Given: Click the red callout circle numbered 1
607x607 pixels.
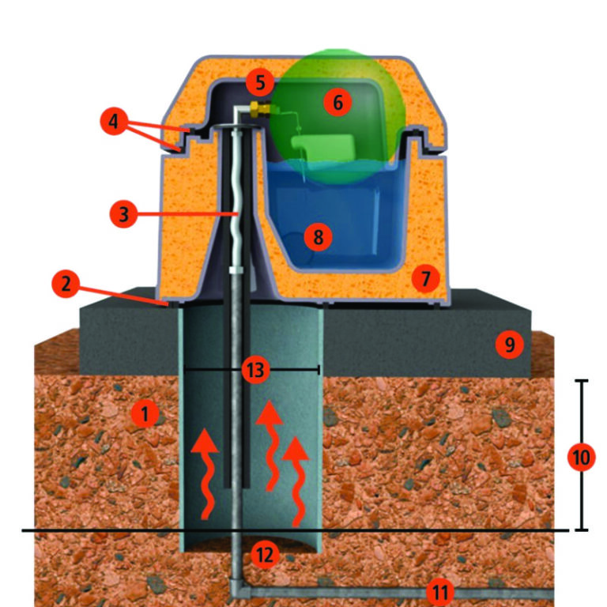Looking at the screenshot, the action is coord(145,414).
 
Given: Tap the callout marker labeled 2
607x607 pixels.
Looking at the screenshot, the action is coord(66,284).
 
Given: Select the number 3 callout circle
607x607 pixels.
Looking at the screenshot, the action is coord(123,213).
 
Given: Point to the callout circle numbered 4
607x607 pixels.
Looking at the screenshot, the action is coord(114,121).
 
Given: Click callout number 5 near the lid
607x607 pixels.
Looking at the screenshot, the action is coord(260,82).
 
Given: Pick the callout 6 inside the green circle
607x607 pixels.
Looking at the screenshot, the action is coord(337,103).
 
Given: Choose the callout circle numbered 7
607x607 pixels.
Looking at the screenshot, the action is coord(425,278).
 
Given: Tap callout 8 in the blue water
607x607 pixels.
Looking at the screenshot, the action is coord(318,236).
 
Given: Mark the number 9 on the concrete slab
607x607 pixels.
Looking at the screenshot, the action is coord(510,344).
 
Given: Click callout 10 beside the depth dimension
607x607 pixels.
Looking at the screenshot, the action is coord(581,457).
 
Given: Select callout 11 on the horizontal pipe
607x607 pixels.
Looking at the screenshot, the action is coord(439,592).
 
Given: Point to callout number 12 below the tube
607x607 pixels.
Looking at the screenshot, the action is coord(266,555).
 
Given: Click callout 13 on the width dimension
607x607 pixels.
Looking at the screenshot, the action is coord(255,370).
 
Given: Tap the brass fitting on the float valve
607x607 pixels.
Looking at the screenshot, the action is coord(260,109).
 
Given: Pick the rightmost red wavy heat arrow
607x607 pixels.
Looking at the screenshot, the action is coord(296,481).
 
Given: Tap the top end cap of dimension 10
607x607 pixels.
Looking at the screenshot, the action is coord(581,381).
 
